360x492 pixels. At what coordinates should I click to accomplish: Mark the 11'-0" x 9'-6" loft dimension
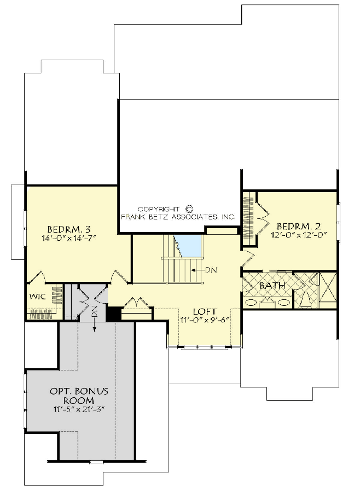[x=204, y=320]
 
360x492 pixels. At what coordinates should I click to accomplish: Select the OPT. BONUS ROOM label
[x=79, y=396]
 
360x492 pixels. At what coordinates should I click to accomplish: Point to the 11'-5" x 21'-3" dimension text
[x=79, y=410]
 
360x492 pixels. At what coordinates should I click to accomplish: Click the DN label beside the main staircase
[x=210, y=270]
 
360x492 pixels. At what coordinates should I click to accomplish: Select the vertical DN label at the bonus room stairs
[x=94, y=312]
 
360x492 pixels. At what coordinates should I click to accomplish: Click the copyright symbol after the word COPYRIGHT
[x=190, y=209]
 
